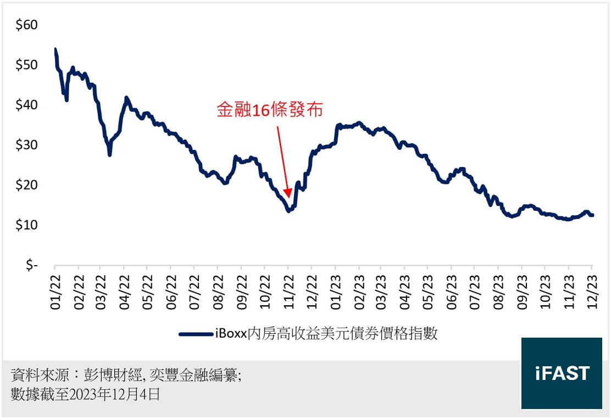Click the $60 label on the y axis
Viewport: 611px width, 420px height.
point(26,25)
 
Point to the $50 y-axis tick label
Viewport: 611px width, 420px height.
point(26,65)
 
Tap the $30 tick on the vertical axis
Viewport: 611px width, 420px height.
point(26,145)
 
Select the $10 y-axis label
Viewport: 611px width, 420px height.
point(26,225)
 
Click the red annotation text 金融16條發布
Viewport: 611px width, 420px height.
point(269,110)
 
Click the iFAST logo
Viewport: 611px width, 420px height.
point(562,373)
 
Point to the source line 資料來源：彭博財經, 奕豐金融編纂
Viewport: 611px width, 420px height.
point(126,376)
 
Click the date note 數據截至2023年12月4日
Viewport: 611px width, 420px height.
point(85,394)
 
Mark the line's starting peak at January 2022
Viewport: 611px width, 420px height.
point(55,49)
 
